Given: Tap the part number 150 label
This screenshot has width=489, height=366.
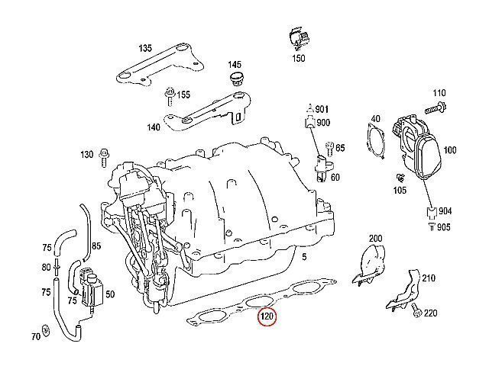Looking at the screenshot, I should (x=298, y=58).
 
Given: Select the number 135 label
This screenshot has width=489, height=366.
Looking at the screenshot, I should (x=144, y=48).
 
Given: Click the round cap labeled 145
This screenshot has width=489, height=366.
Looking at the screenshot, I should (x=235, y=79).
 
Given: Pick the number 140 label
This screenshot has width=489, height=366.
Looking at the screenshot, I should (x=154, y=128).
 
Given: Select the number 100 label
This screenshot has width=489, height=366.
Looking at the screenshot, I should (x=449, y=150).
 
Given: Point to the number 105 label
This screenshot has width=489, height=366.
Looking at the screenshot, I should (x=399, y=190).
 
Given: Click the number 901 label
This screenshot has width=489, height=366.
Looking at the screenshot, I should (x=322, y=108).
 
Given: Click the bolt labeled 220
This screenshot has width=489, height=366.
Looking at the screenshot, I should (x=416, y=312).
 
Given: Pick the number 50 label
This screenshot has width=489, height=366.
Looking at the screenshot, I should (x=109, y=294).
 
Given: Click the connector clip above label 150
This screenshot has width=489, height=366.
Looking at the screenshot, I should (x=296, y=39).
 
